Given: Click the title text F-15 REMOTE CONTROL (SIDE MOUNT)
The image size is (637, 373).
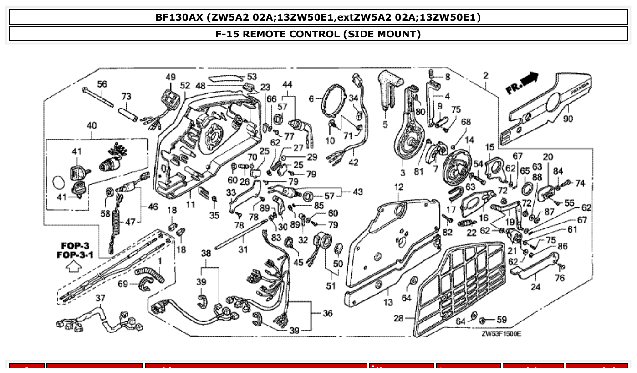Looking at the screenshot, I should click(x=318, y=34).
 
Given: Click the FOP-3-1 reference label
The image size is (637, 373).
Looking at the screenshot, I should click(x=75, y=255).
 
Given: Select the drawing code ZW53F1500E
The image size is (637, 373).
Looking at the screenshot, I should click(x=501, y=334).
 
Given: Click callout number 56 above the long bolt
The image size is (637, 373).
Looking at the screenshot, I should click(x=102, y=84).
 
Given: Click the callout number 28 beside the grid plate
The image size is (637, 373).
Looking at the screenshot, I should click(x=398, y=318).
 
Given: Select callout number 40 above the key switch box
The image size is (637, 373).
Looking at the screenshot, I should click(x=91, y=125).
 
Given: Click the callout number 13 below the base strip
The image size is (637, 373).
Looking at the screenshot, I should click(x=388, y=302).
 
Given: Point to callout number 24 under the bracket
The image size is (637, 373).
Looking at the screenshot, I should click(x=535, y=287).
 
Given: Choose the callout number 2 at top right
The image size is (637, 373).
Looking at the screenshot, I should click(x=486, y=76).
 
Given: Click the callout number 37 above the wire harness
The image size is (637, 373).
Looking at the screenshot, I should click(x=100, y=298).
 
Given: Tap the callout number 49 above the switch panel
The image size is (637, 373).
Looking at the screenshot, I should click(x=170, y=77).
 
